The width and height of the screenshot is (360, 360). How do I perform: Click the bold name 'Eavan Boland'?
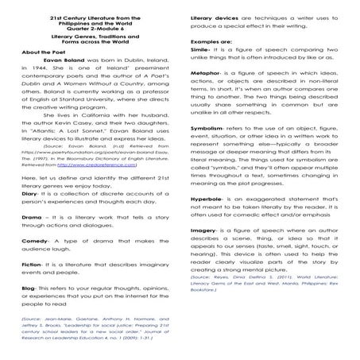tap(62, 82)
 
